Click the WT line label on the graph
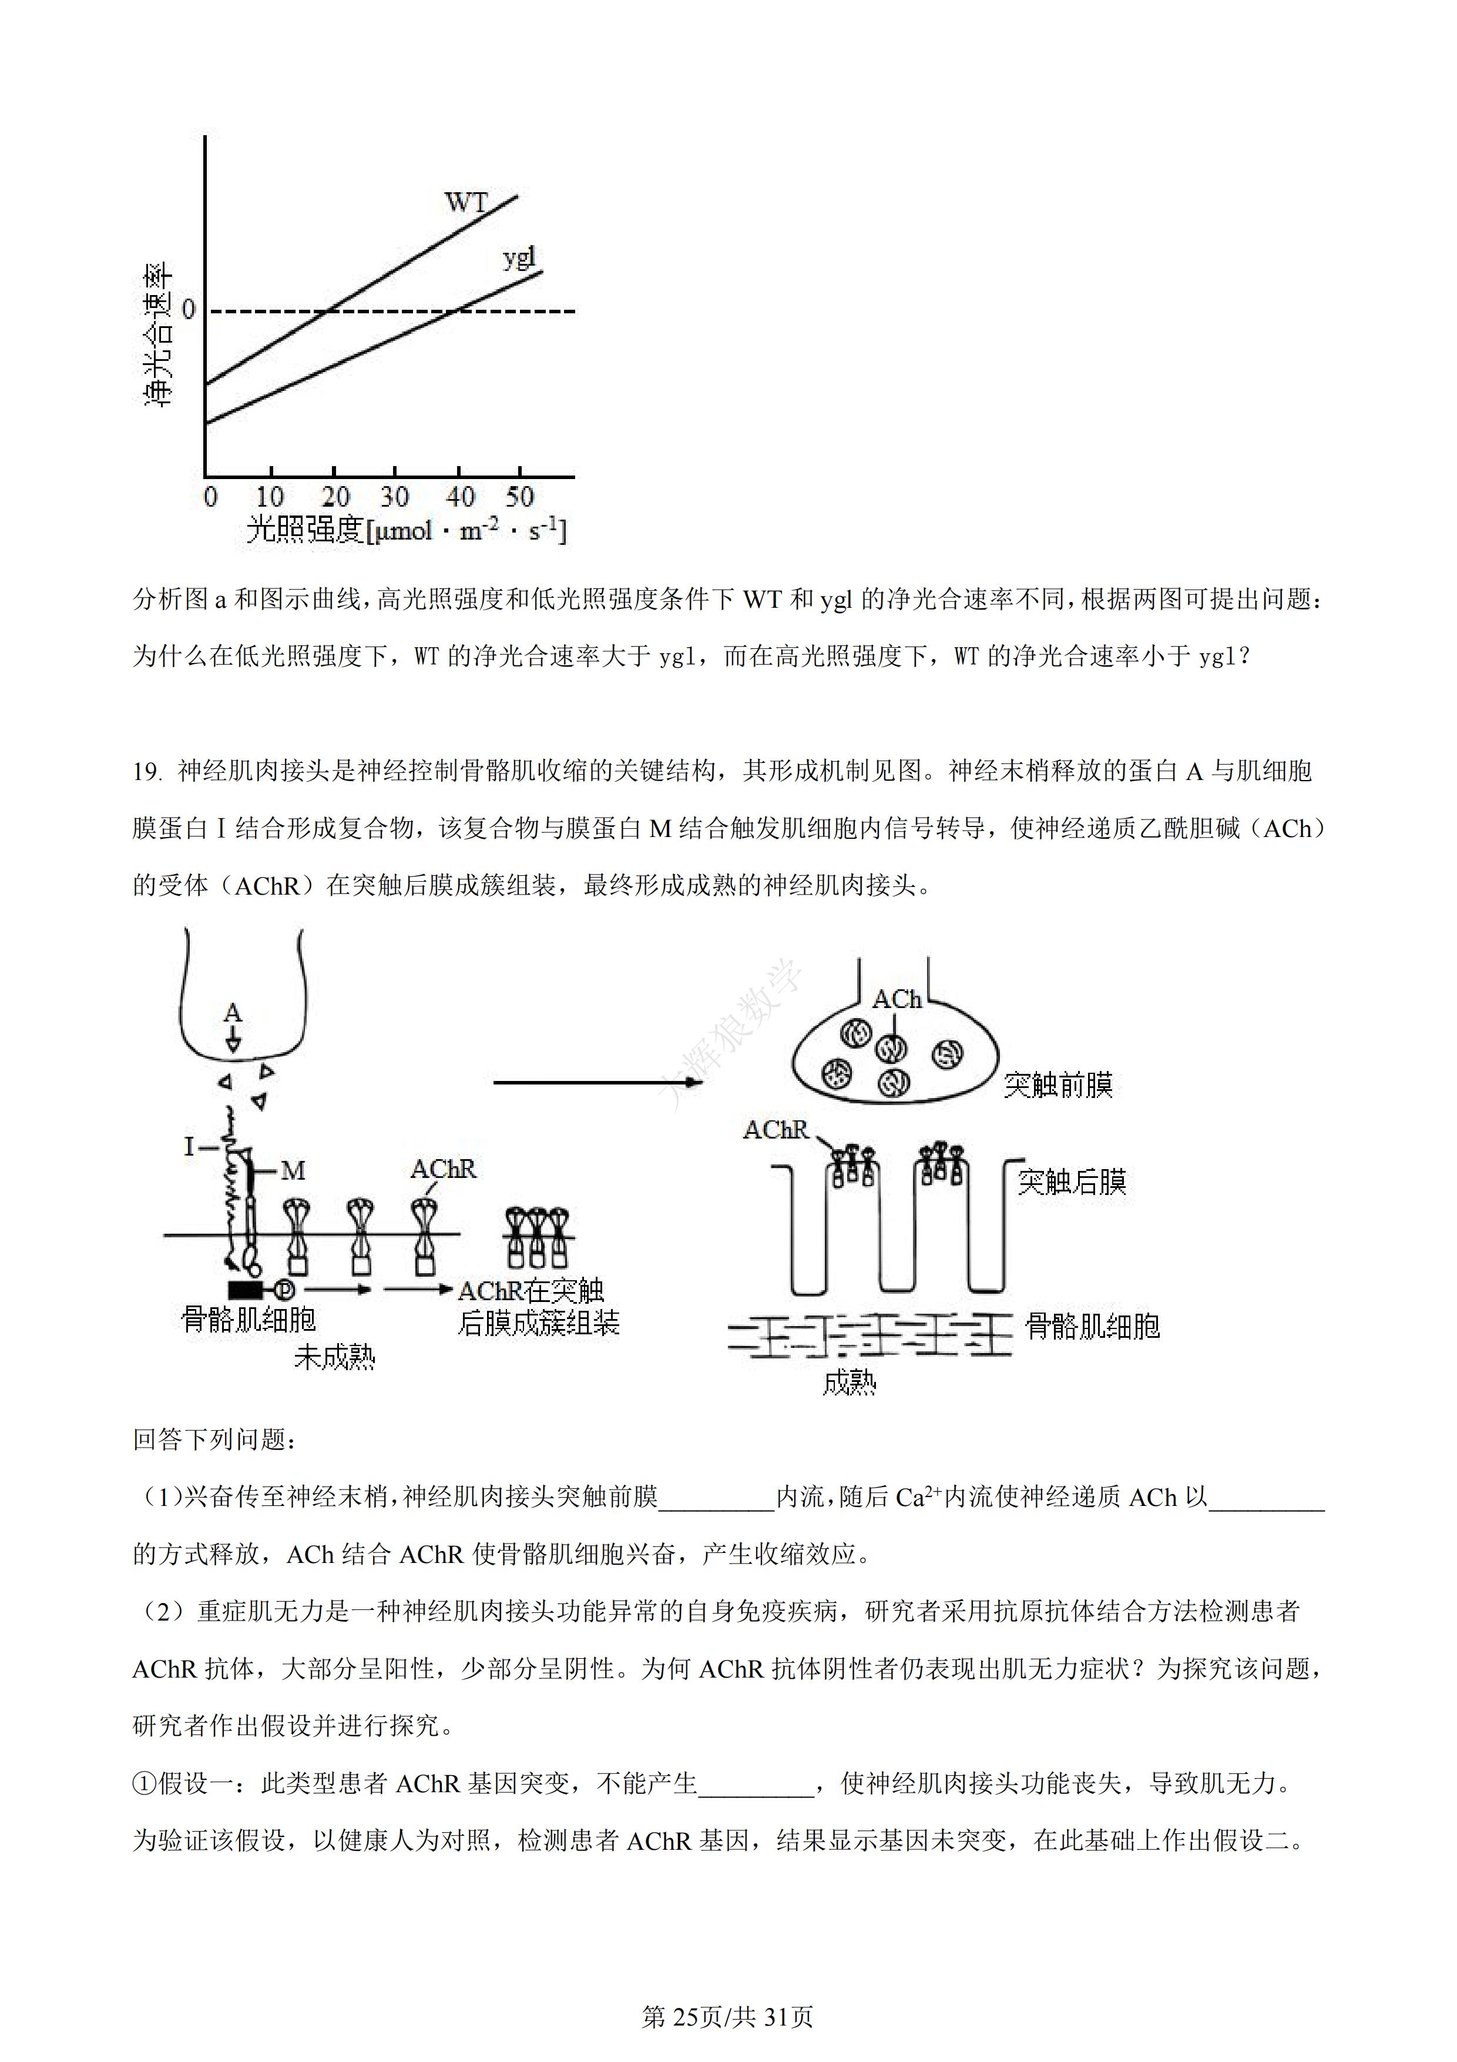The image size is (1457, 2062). coord(466,202)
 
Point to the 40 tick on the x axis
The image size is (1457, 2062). coord(459,497)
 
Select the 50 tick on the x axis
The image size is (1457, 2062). coord(520,497)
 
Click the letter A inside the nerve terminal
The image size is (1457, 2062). coord(233,1013)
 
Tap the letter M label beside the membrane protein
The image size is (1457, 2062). coord(293,1171)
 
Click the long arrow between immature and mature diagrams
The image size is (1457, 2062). coord(597,1082)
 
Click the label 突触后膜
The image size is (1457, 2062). coord(1072,1182)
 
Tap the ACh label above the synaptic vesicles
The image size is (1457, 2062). coord(897,1000)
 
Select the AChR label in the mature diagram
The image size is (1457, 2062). coord(775,1130)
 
